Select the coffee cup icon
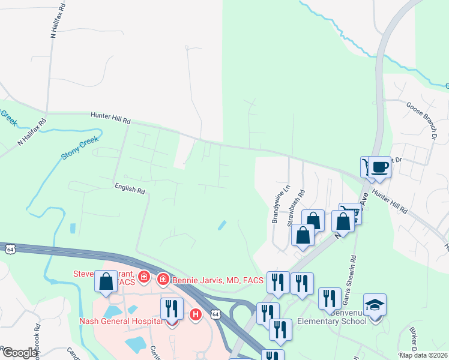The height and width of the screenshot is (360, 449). tap(380, 167)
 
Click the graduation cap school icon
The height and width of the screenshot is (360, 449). tap(375, 305)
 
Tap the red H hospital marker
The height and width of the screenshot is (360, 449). tap(194, 314)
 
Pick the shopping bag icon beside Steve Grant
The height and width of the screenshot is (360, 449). tap(106, 282)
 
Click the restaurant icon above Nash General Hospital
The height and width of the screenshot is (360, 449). tap(172, 308)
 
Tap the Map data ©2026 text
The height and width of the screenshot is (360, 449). tap(423, 355)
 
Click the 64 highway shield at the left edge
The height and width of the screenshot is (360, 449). tap(10, 248)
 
